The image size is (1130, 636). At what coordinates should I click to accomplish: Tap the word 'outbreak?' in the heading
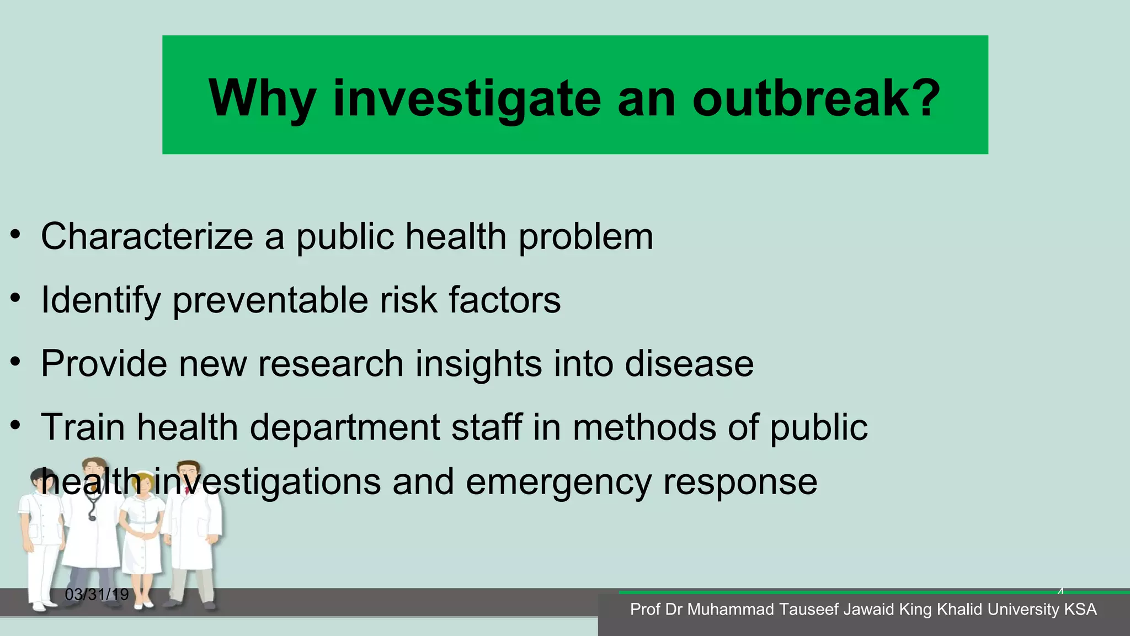[x=816, y=98]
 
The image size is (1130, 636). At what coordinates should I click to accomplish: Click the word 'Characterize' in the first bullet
[x=147, y=236]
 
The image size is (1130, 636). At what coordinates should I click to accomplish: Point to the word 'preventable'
[x=270, y=301]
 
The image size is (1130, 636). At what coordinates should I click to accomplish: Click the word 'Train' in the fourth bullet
[x=83, y=427]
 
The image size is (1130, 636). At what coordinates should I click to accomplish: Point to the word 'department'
[x=344, y=428]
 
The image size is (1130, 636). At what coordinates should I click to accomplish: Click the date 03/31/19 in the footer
[x=97, y=595]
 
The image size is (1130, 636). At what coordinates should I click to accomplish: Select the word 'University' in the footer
[x=1023, y=609]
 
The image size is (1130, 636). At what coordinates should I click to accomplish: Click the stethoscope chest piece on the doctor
[x=92, y=517]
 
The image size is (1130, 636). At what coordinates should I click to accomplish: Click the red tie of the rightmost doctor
[x=187, y=490]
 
